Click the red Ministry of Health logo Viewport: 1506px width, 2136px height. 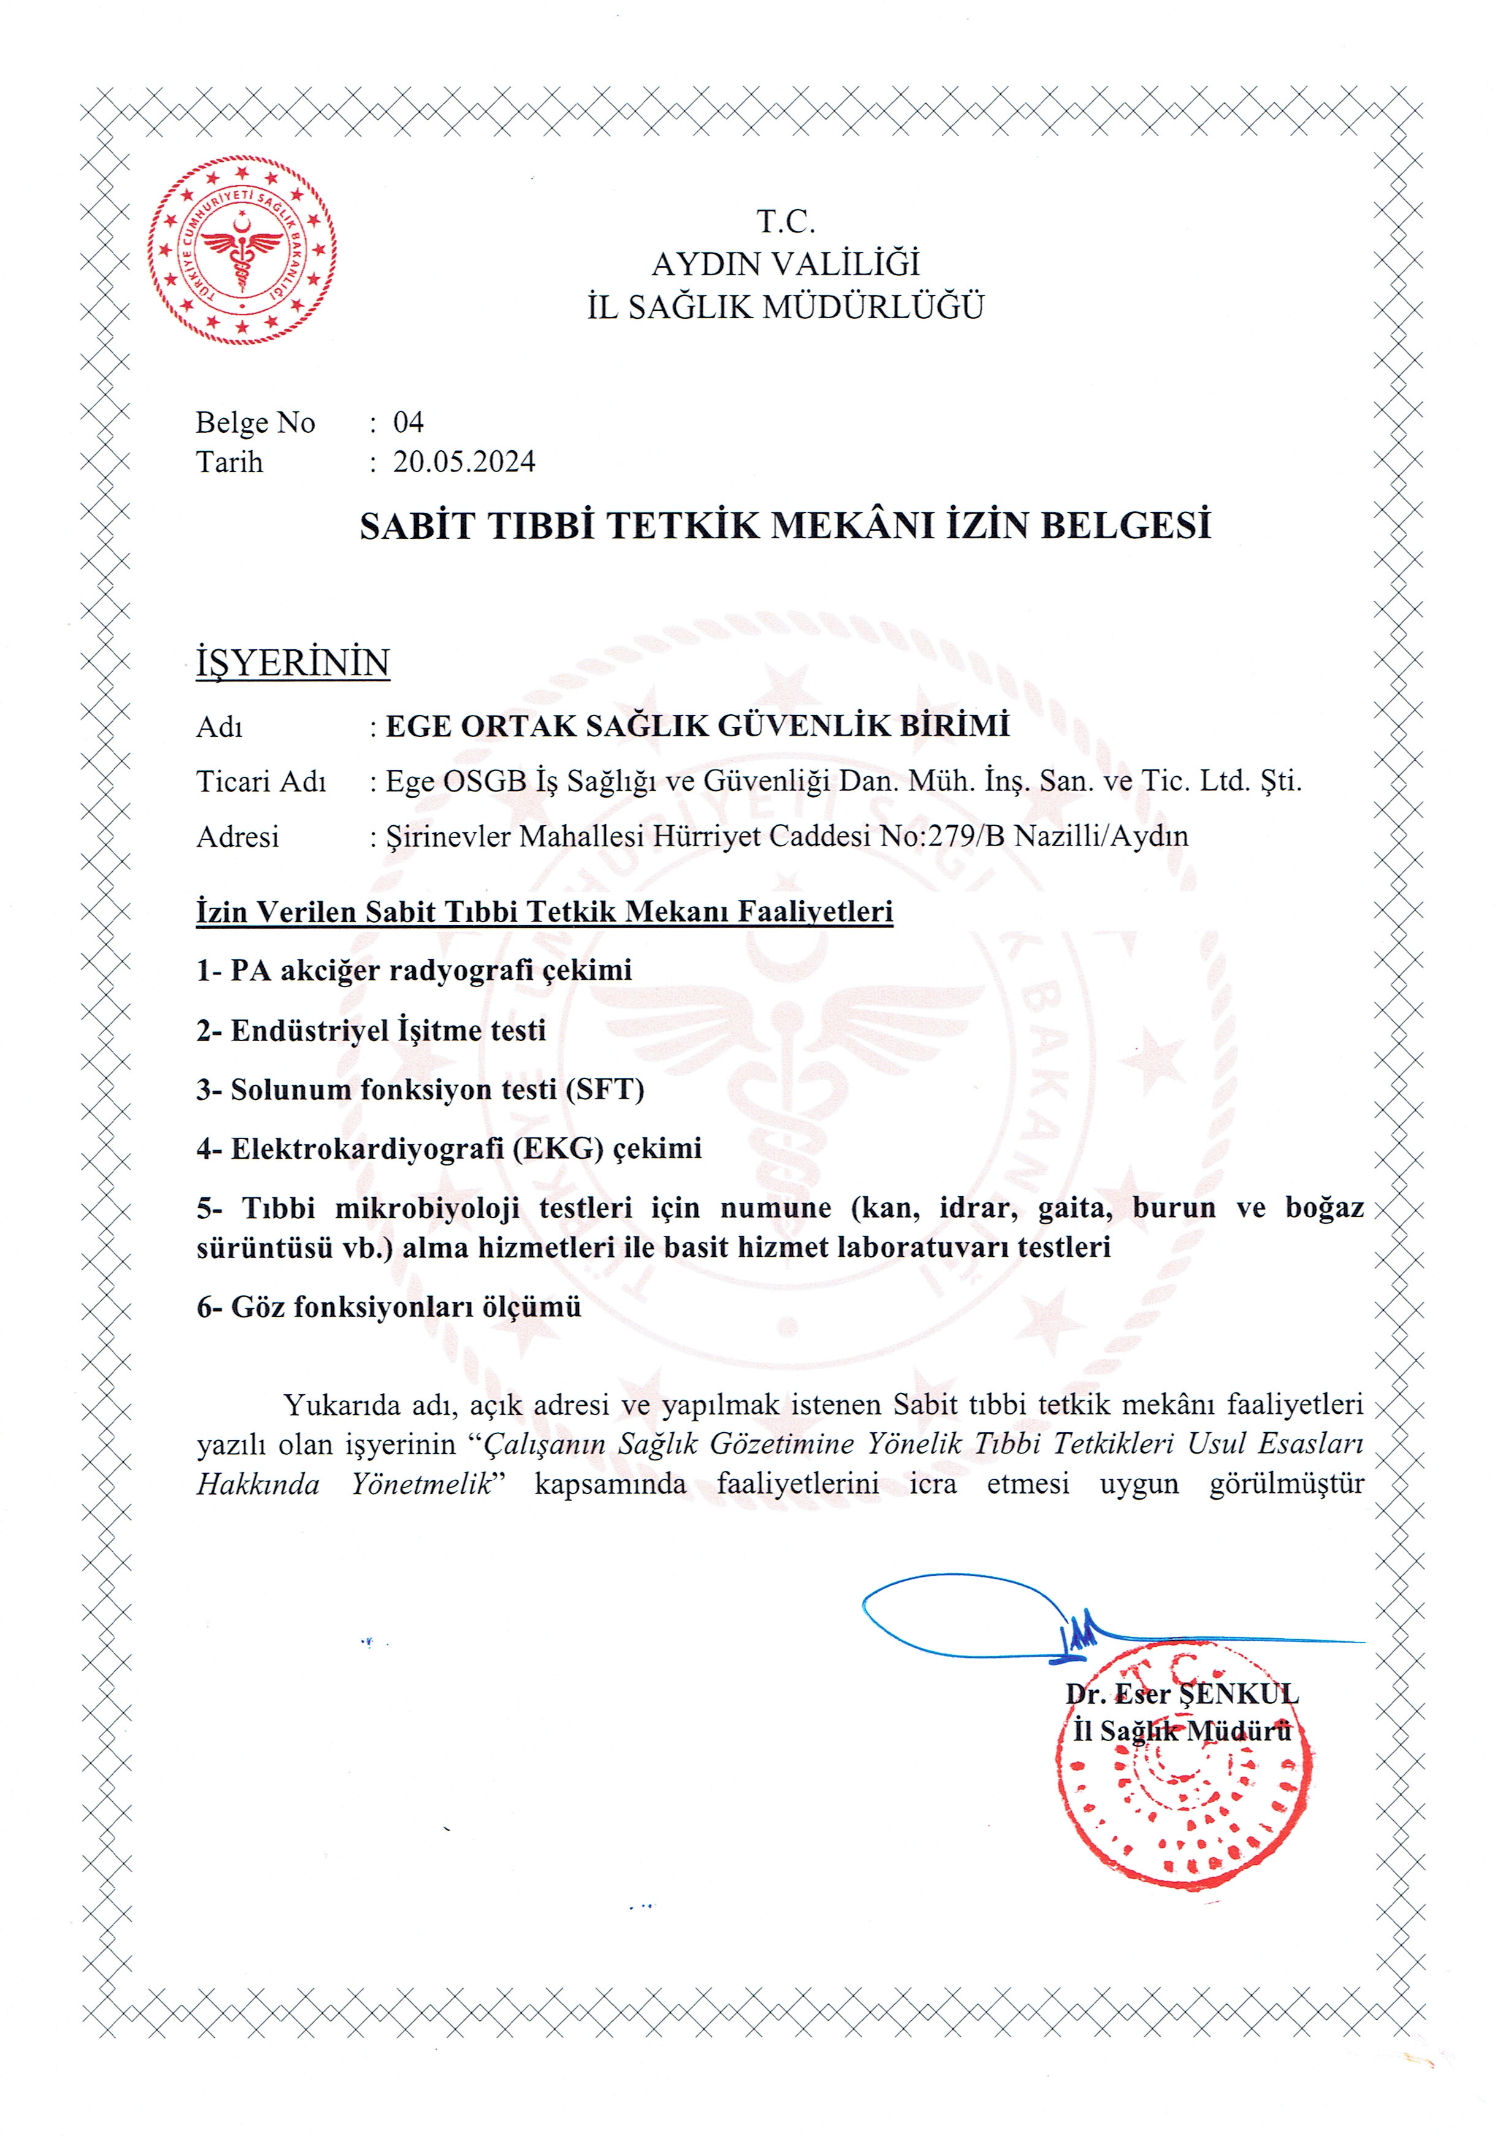point(241,250)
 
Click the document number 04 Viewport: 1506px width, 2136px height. point(408,422)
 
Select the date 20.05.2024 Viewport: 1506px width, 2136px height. point(463,462)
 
